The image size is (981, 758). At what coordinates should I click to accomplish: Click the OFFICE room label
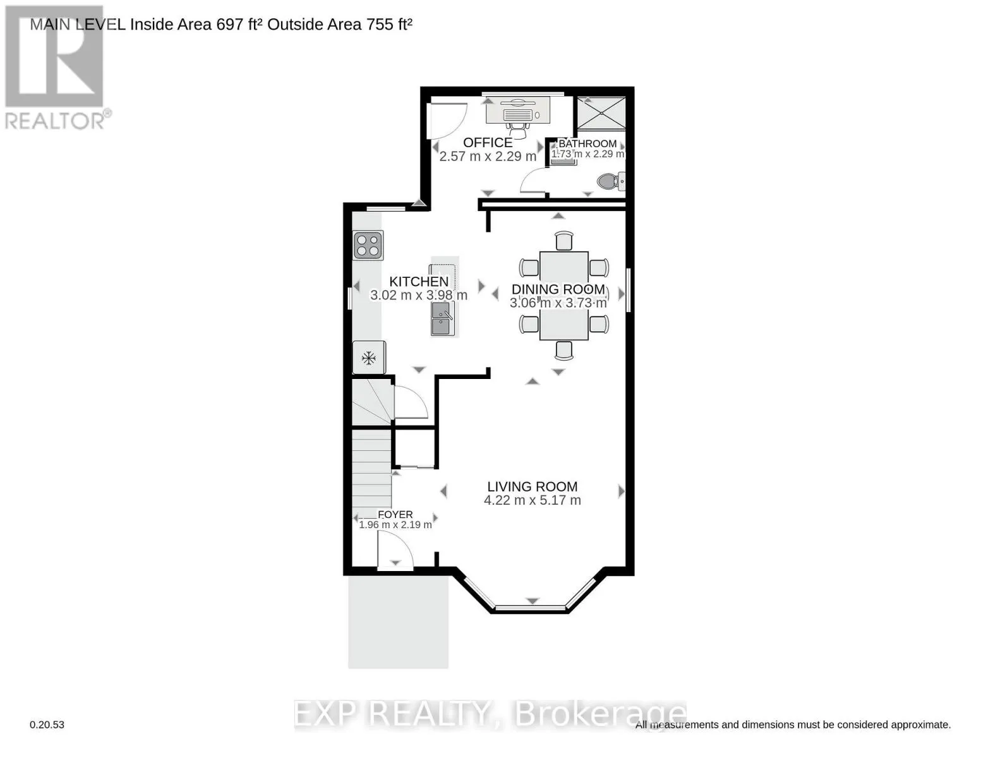tap(488, 143)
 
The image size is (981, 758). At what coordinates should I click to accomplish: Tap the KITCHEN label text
tap(419, 282)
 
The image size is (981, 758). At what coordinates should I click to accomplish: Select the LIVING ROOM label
tap(533, 486)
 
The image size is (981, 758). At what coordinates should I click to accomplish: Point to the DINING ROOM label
tap(558, 289)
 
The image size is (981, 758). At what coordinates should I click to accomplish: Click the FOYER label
tap(395, 515)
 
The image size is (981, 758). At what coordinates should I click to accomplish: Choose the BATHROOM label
tap(587, 143)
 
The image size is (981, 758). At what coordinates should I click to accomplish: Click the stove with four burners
tap(368, 245)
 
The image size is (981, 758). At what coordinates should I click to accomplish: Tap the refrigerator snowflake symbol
tap(369, 358)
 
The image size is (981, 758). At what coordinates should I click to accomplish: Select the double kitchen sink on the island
tap(442, 318)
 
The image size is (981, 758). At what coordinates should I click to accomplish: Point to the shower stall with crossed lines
tap(601, 113)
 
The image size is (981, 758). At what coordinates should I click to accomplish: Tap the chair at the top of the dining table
tap(564, 241)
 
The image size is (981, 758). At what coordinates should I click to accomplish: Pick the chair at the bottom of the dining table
tap(564, 351)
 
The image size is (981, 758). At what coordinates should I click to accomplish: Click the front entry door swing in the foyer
tap(395, 549)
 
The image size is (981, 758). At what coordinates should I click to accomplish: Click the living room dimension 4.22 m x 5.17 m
tap(533, 500)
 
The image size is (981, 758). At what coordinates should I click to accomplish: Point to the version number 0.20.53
tap(47, 725)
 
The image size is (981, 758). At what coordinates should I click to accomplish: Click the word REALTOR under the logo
tap(55, 121)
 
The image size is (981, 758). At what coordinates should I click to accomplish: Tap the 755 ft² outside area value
tap(389, 25)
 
